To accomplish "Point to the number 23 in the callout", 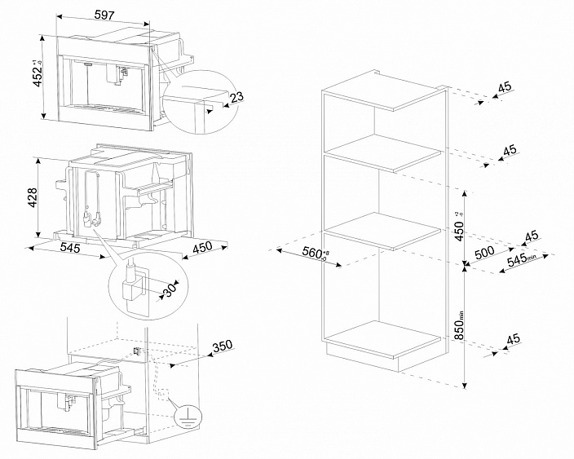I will (x=236, y=97).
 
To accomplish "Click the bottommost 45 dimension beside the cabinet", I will (x=512, y=340).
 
